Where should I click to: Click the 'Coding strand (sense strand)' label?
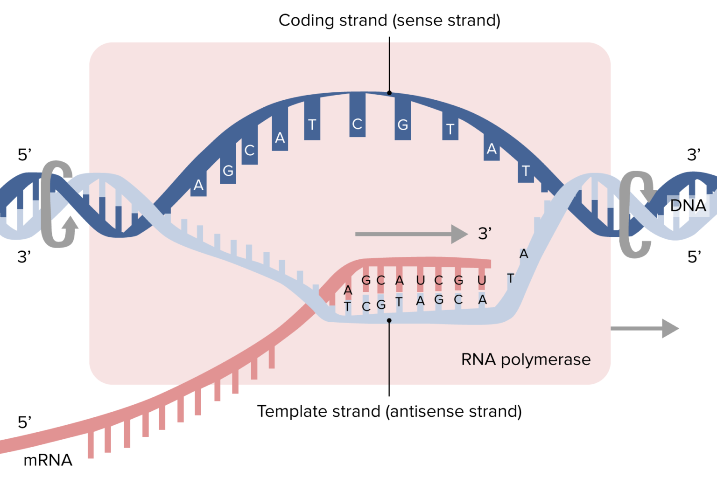pyautogui.click(x=389, y=21)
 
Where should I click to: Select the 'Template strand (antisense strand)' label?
pyautogui.click(x=389, y=411)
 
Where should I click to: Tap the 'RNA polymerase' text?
pyautogui.click(x=526, y=359)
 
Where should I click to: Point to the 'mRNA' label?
pyautogui.click(x=48, y=460)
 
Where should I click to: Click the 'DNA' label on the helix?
pyautogui.click(x=688, y=206)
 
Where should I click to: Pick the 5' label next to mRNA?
pyautogui.click(x=24, y=422)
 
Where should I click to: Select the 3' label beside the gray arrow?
pyautogui.click(x=485, y=234)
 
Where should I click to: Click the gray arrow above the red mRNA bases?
pyautogui.click(x=411, y=234)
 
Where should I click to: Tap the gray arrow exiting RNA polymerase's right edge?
pyautogui.click(x=644, y=329)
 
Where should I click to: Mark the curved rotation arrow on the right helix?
pyautogui.click(x=636, y=214)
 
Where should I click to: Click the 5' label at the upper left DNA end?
pyautogui.click(x=24, y=155)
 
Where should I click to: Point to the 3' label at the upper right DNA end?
pyautogui.click(x=694, y=155)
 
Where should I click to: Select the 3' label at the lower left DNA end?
pyautogui.click(x=24, y=257)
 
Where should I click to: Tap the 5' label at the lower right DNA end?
pyautogui.click(x=694, y=257)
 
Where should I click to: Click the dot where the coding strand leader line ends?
pyautogui.click(x=389, y=93)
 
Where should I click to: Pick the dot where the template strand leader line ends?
pyautogui.click(x=389, y=320)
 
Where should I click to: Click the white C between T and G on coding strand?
pyautogui.click(x=357, y=124)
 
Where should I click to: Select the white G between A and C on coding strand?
pyautogui.click(x=228, y=171)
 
